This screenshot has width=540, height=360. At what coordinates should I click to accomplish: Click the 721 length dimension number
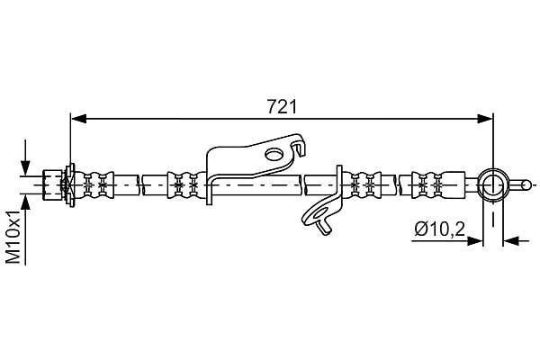[x=282, y=107]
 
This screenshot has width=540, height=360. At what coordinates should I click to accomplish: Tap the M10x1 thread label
[x=14, y=238]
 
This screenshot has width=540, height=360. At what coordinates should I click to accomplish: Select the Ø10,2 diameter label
[x=440, y=229]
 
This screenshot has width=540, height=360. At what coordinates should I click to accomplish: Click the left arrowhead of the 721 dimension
[x=78, y=119]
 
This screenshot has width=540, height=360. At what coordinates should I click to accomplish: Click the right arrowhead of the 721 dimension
[x=485, y=119]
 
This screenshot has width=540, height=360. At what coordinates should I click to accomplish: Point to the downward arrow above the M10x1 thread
[x=25, y=157]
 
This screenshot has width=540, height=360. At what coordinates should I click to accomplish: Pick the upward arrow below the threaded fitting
[x=25, y=212]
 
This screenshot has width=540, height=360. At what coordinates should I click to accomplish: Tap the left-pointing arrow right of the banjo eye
[x=516, y=240]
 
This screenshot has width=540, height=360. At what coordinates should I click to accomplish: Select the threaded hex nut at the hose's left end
[x=52, y=185]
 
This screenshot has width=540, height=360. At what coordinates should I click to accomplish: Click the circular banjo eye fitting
[x=493, y=185]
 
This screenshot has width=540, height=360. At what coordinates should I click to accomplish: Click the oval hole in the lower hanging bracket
[x=319, y=212]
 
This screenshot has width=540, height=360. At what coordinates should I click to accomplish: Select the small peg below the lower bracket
[x=325, y=227]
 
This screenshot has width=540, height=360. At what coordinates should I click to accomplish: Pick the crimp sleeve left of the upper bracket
[x=185, y=185]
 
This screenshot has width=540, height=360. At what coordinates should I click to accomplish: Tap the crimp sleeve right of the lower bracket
[x=363, y=185]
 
